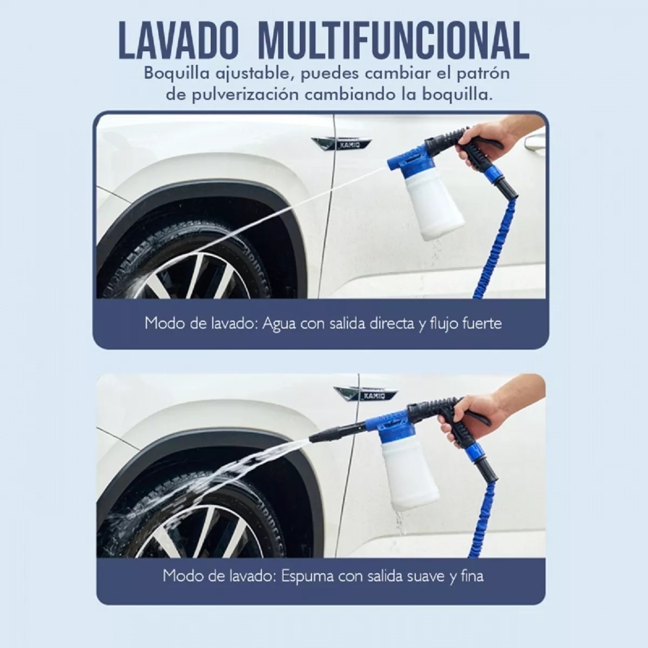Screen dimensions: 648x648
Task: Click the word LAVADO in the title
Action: [178, 40]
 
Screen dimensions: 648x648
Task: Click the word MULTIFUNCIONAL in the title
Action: [394, 40]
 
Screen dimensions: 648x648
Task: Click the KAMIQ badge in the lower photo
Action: [366, 395]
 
